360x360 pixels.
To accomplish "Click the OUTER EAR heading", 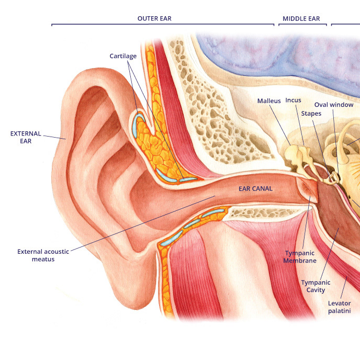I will pos(154,18).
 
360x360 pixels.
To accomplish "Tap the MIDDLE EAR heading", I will pos(301,18).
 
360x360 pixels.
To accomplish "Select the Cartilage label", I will pos(123,55).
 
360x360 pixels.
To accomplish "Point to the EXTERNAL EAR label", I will pos(26,137).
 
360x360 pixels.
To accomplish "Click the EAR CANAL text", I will pos(256,188).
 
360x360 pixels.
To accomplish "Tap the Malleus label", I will pos(269,100).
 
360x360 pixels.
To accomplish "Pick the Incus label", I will pos(293,100).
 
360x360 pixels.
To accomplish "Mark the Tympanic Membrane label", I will pos(300,257).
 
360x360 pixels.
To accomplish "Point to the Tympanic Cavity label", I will pos(313,286).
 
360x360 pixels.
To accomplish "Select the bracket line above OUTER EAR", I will pos(162,25).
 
